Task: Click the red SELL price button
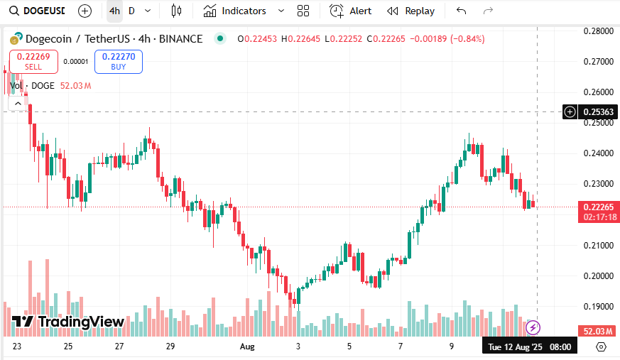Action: [33, 62]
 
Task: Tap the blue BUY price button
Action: [119, 62]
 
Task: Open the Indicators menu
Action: [243, 11]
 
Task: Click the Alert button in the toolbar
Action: [351, 11]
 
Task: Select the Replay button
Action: [411, 11]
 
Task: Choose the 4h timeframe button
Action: [114, 11]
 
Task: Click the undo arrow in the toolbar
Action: [462, 11]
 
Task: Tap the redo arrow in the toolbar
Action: [488, 11]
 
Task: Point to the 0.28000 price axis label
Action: [598, 31]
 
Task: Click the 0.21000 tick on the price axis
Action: [598, 246]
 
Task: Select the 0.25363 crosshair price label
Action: [599, 111]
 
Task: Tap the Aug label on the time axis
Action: [247, 347]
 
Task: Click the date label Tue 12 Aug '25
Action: [514, 347]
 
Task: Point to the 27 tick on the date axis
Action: [119, 347]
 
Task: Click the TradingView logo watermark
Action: [68, 322]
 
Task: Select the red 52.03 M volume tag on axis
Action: [599, 331]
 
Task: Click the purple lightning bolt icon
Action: [533, 327]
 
